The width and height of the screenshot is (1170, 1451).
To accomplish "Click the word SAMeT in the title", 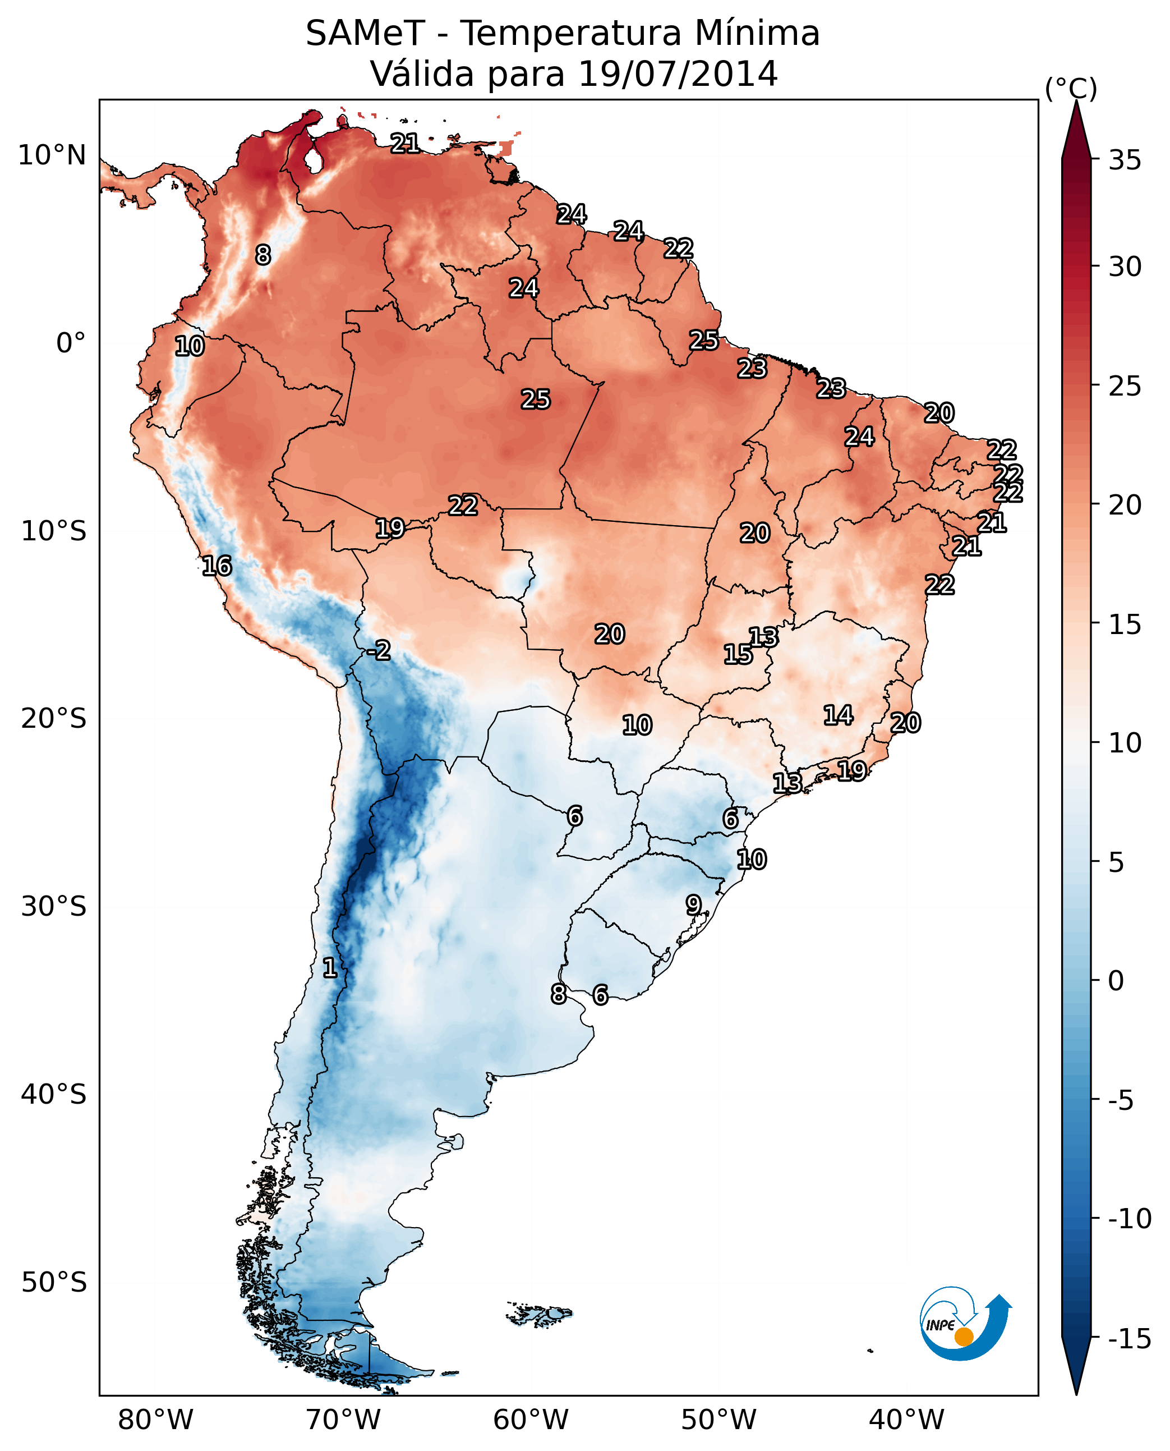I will (x=365, y=34).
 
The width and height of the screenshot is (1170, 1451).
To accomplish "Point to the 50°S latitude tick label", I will (x=54, y=1283).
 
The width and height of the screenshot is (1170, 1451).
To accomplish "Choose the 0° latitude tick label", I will (x=71, y=343).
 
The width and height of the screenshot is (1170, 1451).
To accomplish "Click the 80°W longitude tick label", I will (x=156, y=1420).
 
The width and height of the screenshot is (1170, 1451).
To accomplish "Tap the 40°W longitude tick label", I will (x=906, y=1420).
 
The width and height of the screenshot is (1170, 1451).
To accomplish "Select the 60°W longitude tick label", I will (x=531, y=1420).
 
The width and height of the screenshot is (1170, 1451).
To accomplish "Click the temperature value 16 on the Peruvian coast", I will (x=217, y=566).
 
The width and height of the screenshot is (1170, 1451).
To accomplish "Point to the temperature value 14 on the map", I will (x=838, y=715).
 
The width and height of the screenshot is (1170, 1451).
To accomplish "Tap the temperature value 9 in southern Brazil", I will (x=693, y=904).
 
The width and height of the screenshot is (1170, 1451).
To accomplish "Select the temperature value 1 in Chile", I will (x=330, y=967).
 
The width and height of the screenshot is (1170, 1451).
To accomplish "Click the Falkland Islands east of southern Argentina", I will (x=539, y=1315).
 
